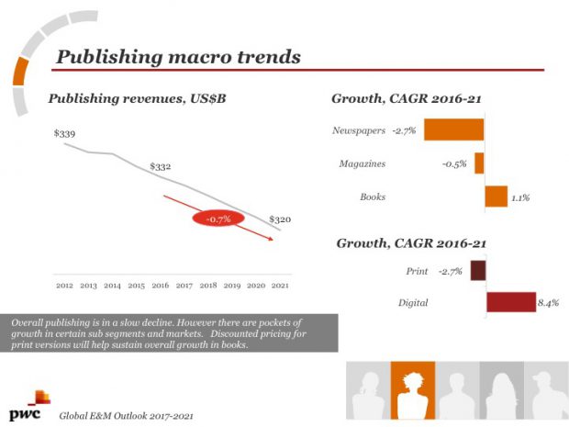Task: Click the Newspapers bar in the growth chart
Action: coord(453,129)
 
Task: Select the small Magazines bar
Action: coord(479,163)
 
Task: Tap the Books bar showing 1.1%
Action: coord(496,197)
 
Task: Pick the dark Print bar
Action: coord(477,271)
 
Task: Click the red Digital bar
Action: coord(510,302)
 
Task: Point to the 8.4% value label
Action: coord(549,302)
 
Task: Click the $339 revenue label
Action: coord(64,134)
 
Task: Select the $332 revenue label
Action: coord(161,167)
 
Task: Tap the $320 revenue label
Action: coord(280,220)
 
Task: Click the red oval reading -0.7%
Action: coord(218,219)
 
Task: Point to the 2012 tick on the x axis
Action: coord(64,287)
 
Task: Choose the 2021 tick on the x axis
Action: coord(280,287)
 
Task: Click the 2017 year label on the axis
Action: coord(184,287)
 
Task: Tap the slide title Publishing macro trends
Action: coord(178,57)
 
